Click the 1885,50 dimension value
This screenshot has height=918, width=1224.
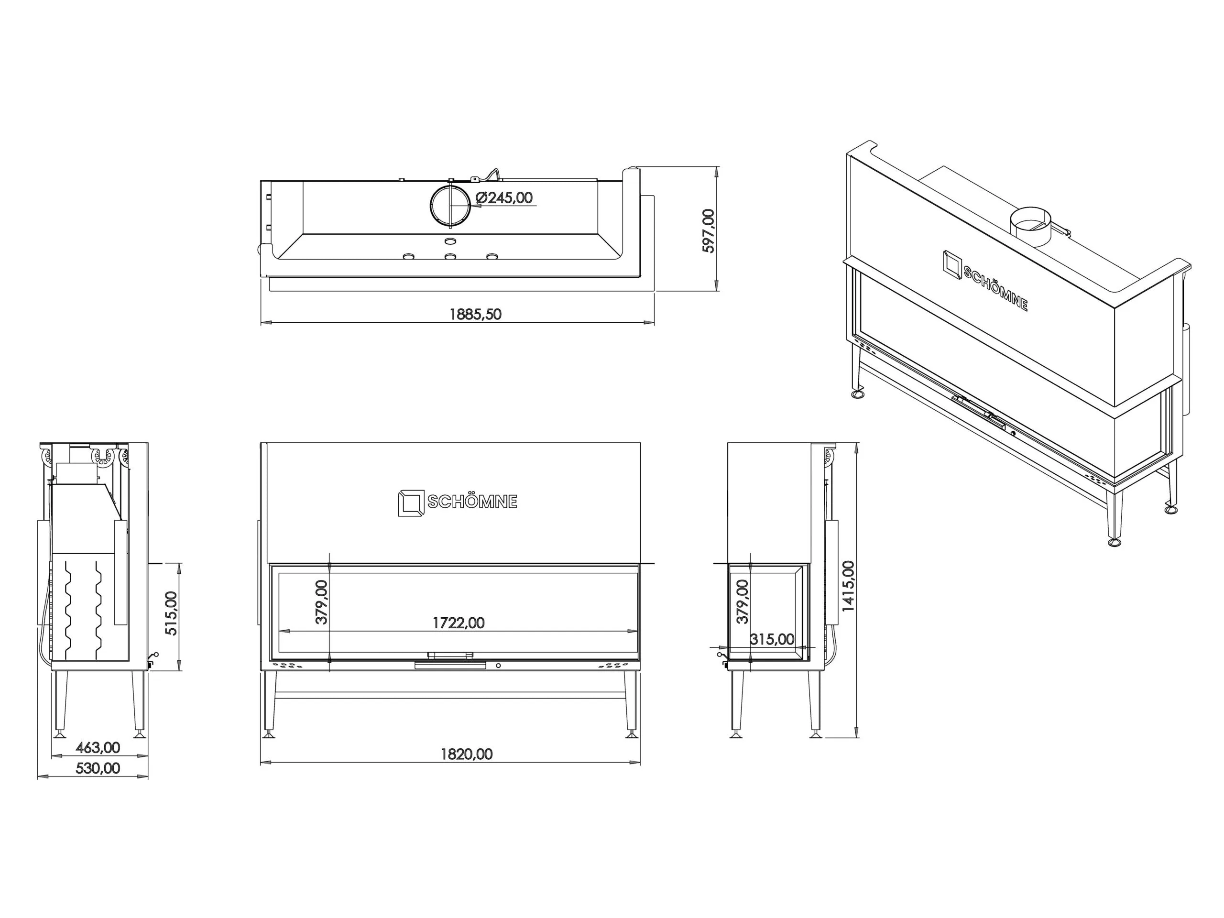coord(475,314)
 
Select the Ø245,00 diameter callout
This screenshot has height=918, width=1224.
coord(504,197)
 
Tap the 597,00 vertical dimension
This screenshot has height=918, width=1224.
coord(708,231)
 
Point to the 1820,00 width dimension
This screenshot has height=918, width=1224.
coord(467,754)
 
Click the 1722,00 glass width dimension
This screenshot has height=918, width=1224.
coord(458,623)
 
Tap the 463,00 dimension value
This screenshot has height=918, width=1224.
coord(98,748)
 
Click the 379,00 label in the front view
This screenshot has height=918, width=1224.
coord(321,602)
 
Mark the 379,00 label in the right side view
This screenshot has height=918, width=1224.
coord(743,601)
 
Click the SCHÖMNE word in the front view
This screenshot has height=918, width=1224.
coord(472,502)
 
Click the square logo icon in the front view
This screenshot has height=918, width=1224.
coord(411,503)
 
